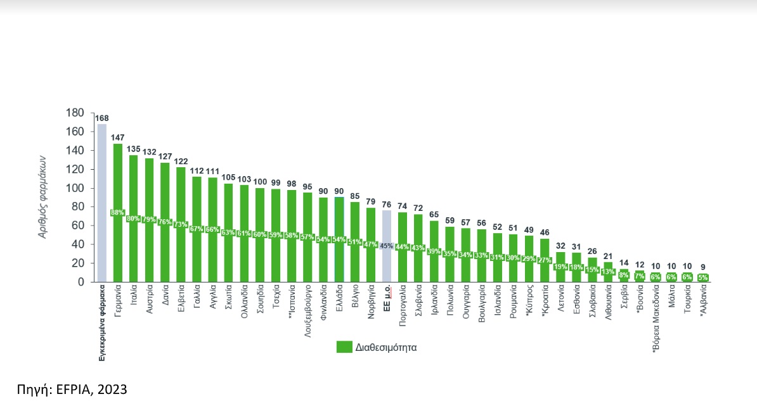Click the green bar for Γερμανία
point(117,190)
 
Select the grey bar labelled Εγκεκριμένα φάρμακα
point(101,203)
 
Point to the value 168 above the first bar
point(101,118)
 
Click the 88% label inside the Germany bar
point(117,212)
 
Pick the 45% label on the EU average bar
point(386,246)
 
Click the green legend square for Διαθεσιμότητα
point(344,347)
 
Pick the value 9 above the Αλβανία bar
point(703,267)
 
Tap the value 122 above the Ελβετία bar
point(180,161)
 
